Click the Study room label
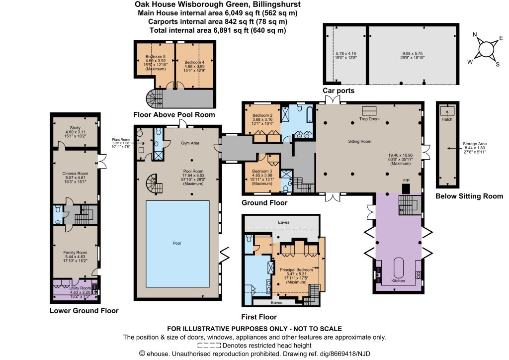click(x=75, y=128)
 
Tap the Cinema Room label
click(x=76, y=174)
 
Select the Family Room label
click(x=76, y=253)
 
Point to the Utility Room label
click(x=80, y=288)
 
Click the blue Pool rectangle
click(x=177, y=244)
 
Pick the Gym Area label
click(x=190, y=143)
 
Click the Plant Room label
click(x=121, y=140)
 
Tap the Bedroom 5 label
click(x=156, y=57)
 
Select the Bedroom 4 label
click(x=194, y=62)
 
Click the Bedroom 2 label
click(x=262, y=115)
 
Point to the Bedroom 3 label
click(x=262, y=171)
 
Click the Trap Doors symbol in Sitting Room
click(x=369, y=111)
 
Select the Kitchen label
click(x=398, y=280)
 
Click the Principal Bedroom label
click(x=296, y=270)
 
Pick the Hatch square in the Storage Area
click(x=447, y=111)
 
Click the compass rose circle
click(x=485, y=49)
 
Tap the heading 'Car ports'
click(x=339, y=90)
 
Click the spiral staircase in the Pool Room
click(x=154, y=184)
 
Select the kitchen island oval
click(x=399, y=268)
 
